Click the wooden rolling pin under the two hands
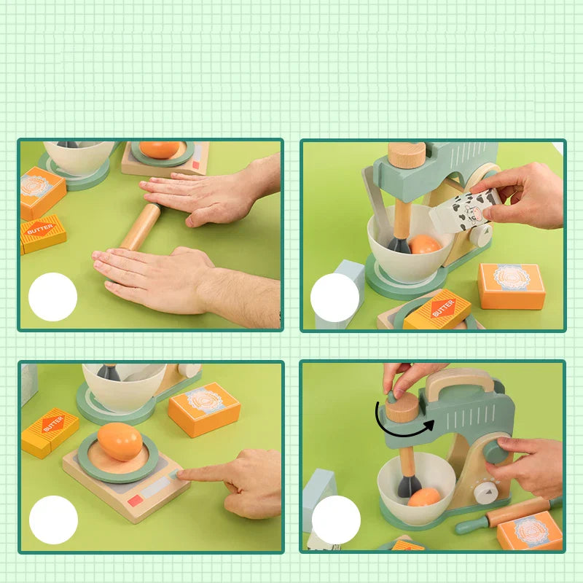click(x=140, y=226)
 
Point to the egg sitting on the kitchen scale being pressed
click(x=120, y=442)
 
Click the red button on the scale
click(x=136, y=501)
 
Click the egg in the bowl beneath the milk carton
click(x=425, y=244)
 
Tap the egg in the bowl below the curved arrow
click(x=424, y=497)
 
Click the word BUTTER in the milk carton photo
click(x=442, y=308)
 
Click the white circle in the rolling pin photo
click(x=52, y=297)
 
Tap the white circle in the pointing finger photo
click(x=53, y=520)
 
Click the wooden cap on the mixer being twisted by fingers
click(x=402, y=407)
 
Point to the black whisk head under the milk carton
click(x=399, y=243)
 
